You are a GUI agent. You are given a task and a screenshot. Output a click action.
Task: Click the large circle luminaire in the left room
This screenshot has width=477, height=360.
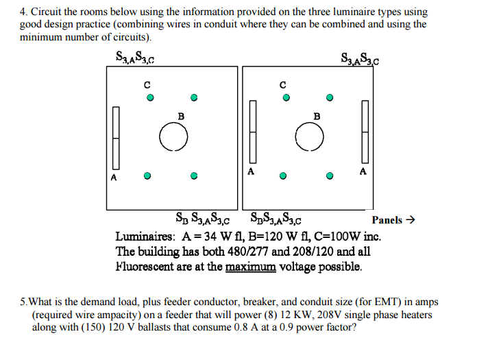tap(173, 138)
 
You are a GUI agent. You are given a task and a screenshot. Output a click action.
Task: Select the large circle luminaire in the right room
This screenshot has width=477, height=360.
tap(310, 138)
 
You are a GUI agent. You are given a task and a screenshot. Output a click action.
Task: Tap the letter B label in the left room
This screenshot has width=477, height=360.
tap(181, 117)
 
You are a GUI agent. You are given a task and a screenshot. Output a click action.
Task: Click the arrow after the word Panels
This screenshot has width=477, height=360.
tap(411, 220)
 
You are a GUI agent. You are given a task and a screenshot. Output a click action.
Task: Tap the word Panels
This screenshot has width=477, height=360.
tap(387, 220)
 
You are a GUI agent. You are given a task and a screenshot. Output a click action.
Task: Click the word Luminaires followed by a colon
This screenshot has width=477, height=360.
tap(146, 237)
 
